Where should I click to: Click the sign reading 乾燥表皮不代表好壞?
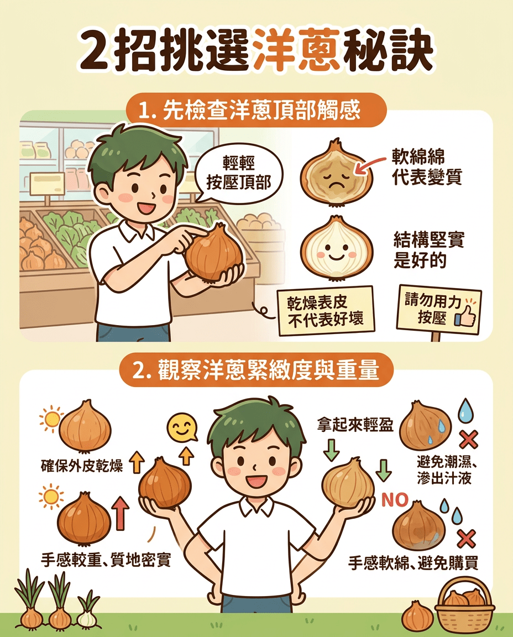[x=326, y=310]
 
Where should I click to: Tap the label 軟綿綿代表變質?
[x=426, y=167]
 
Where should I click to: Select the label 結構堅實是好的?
[x=428, y=250]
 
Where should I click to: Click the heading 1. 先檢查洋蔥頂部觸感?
[x=256, y=110]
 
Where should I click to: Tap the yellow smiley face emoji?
[x=181, y=427]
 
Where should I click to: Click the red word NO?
[x=395, y=500]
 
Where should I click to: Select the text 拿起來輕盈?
[x=356, y=426]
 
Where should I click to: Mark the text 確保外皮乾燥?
[x=82, y=466]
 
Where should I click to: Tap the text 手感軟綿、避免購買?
[x=413, y=563]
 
